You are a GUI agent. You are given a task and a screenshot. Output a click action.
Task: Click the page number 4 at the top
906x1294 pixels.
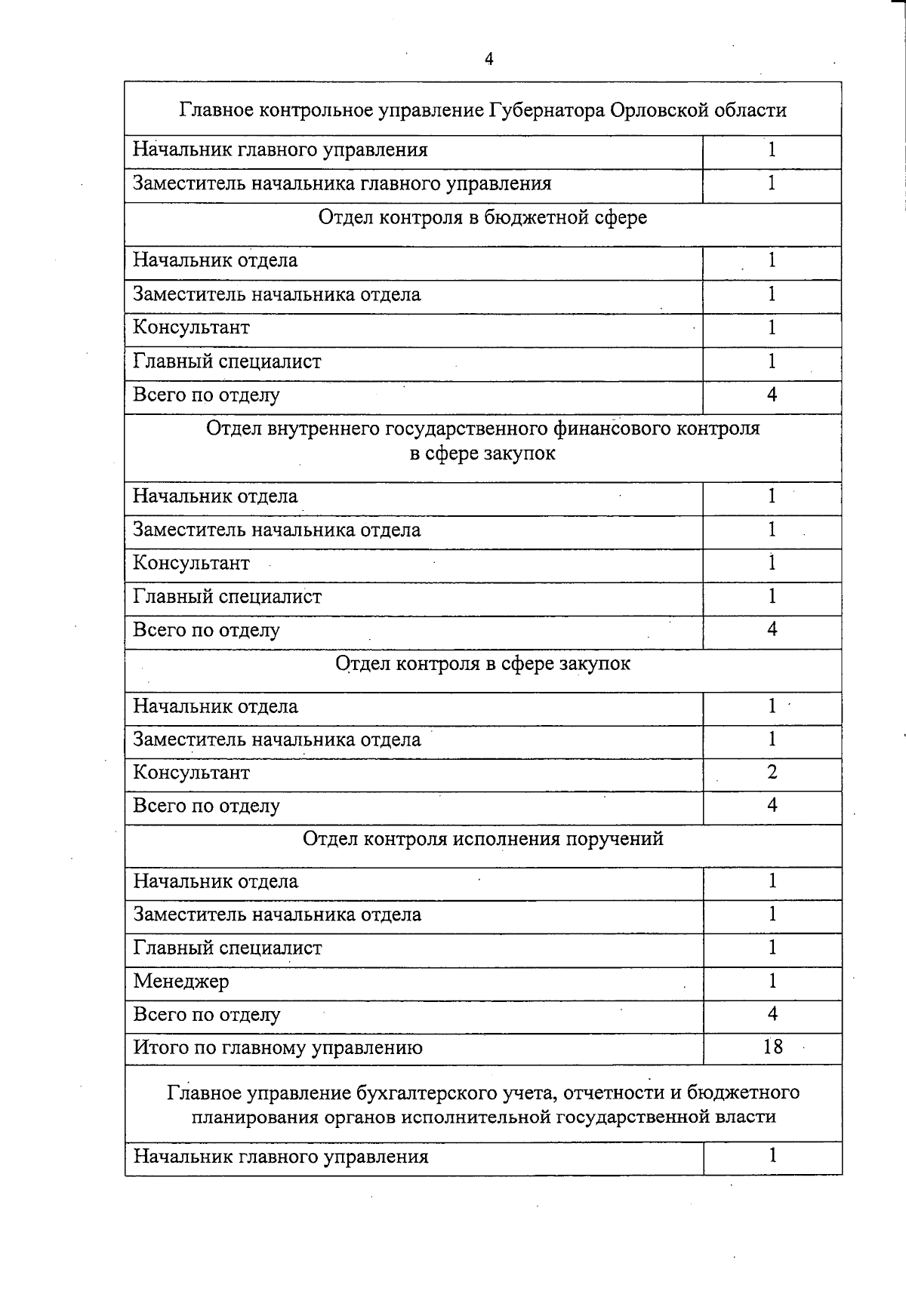488,60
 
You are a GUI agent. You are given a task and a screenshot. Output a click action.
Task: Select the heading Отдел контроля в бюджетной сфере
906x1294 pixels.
482,218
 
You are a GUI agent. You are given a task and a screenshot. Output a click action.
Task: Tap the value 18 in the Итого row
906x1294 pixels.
772,1047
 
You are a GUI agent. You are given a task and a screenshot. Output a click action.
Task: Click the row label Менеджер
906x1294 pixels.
181,982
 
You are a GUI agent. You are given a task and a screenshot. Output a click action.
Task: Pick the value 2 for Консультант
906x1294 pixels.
772,772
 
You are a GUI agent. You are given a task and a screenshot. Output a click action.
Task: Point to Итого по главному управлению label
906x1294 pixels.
278,1047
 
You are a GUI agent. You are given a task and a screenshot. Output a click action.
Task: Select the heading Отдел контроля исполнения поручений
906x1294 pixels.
482,839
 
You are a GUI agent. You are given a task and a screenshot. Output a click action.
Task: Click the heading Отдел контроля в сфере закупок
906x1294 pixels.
482,664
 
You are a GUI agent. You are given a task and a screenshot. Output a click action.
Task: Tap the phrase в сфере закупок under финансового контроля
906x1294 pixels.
482,453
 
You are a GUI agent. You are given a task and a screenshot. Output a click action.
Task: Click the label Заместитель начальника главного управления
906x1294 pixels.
342,183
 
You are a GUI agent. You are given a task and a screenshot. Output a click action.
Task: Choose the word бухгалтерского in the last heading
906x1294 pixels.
427,1093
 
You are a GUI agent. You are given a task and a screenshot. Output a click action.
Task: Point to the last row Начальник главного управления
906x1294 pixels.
281,1157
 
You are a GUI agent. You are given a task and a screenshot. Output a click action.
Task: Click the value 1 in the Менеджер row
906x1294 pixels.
772,981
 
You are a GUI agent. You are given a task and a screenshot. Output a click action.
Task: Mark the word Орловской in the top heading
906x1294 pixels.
656,110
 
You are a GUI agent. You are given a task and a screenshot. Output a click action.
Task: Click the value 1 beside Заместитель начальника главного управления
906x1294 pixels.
772,183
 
